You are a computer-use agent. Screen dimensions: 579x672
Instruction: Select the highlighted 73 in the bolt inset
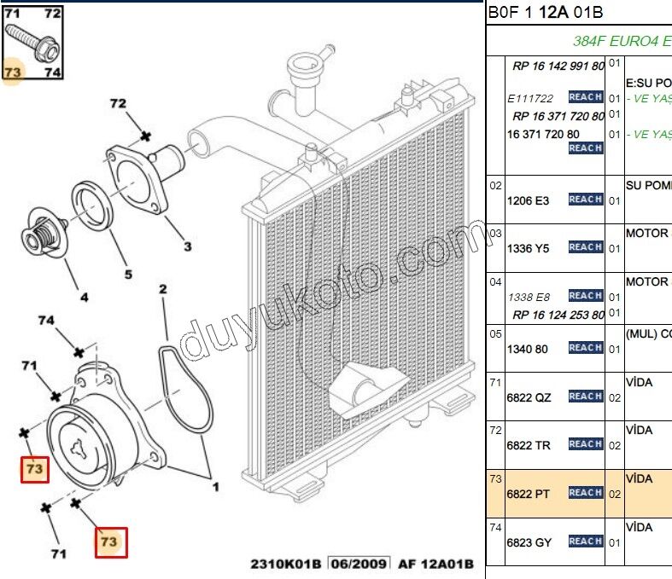coord(12,72)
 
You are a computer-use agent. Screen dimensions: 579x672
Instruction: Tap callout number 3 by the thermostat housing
coord(186,247)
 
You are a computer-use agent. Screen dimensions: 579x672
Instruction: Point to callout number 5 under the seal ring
coord(128,275)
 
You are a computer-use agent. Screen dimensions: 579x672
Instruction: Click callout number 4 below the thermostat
coord(84,298)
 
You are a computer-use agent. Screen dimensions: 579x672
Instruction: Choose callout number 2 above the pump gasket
coord(161,290)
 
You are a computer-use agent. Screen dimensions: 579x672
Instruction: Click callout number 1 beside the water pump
coord(215,487)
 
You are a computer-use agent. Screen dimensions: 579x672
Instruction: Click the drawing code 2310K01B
coord(286,564)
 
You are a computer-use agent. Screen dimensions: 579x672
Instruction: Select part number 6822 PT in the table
coord(528,494)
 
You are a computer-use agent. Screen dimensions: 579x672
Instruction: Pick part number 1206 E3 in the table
coord(528,200)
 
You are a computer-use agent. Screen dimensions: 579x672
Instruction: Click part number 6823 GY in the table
coord(529,542)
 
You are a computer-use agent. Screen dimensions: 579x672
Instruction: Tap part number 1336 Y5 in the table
coord(528,248)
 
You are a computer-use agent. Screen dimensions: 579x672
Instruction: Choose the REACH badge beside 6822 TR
coord(585,444)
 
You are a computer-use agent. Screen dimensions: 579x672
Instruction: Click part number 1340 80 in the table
coord(528,349)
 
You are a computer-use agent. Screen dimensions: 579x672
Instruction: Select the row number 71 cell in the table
coord(495,382)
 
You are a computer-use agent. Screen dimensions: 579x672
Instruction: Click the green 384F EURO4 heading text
coord(621,40)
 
